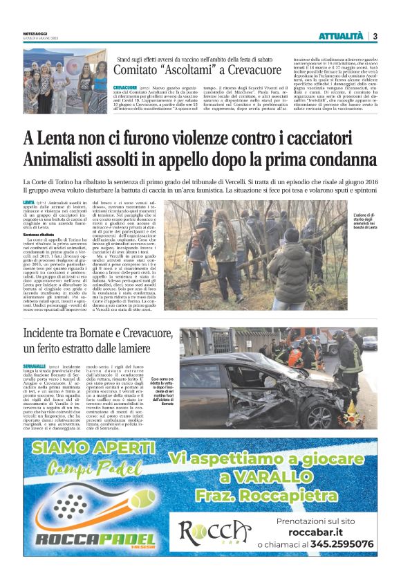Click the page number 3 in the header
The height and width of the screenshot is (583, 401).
375,36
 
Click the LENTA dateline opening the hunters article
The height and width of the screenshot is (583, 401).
48,201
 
